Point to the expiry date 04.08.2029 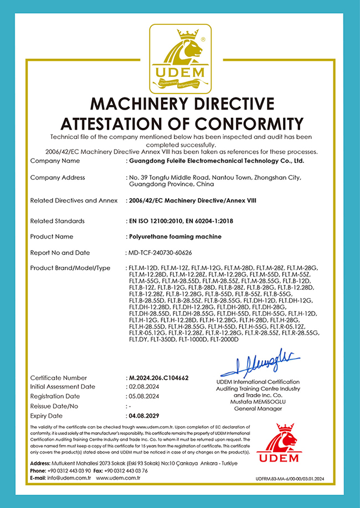click(144, 415)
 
